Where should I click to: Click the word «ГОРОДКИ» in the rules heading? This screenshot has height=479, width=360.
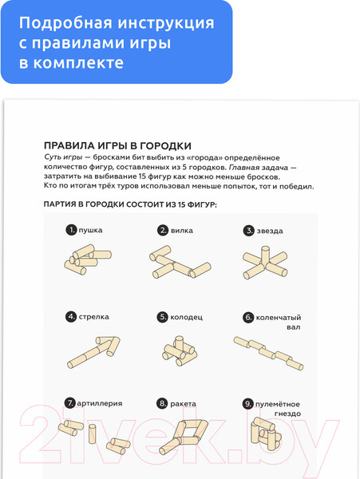pos(165,146)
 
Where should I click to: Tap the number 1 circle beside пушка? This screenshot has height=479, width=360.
pos(71,230)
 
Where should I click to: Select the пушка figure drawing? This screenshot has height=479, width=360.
pos(88,259)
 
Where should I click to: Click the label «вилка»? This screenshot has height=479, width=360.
pos(182,231)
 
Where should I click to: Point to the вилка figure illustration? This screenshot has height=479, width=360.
pos(180,262)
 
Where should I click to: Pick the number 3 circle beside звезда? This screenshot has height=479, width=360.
pos(248,231)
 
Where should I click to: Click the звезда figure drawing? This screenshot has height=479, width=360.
pos(265,263)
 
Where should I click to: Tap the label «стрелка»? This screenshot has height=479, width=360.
pos(93,317)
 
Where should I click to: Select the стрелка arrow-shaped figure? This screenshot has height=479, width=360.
pos(93,352)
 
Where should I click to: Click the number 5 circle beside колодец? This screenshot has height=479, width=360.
pos(163,317)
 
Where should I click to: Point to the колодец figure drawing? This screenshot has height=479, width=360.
pos(179,351)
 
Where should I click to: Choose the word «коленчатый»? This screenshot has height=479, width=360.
pos(278,318)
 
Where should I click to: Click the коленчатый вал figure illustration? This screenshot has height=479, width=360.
pos(268,353)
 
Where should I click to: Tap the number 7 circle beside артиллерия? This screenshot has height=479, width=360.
pos(70,403)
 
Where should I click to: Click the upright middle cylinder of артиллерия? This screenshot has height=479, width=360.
pos(93,433)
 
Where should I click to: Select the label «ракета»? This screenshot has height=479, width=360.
pos(183,404)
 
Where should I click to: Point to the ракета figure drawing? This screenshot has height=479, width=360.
pos(184,437)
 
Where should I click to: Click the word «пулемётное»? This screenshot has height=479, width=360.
pos(278,404)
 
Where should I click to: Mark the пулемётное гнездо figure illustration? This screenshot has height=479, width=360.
pos(266,433)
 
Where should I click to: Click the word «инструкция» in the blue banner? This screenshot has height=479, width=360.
pos(166,23)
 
